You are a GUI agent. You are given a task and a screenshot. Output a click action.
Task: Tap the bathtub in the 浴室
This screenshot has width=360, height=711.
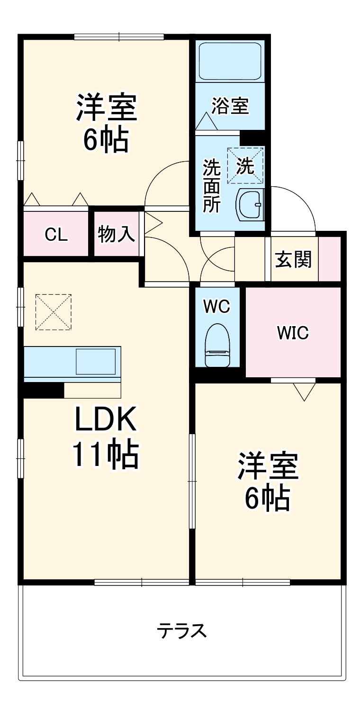point(230,62)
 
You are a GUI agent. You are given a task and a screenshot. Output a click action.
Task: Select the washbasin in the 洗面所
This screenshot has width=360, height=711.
point(250,204)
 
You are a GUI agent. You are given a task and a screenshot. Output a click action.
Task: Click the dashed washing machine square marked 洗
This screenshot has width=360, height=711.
point(245,165)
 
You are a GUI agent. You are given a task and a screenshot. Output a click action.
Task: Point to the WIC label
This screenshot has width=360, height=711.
point(293,333)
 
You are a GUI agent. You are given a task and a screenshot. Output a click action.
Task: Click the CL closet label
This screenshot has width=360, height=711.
point(56,235)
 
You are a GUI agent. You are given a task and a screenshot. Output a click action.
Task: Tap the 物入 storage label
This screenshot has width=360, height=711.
point(117,234)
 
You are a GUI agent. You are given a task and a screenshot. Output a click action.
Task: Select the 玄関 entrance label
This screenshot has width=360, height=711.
point(294,259)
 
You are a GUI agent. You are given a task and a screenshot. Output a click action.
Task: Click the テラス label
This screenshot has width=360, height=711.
point(182,630)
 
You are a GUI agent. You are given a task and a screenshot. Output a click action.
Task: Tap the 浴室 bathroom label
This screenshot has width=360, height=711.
point(230,106)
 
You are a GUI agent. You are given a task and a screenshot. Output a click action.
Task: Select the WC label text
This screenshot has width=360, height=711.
point(216,307)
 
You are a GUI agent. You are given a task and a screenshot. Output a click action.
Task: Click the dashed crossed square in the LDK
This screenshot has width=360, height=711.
point(54,311)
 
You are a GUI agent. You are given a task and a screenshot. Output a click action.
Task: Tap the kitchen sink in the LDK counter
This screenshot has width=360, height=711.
point(96,362)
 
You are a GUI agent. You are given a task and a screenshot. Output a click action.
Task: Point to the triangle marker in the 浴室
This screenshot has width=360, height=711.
point(207,122)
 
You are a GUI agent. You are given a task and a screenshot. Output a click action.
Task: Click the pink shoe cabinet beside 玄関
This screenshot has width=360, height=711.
point(330,258)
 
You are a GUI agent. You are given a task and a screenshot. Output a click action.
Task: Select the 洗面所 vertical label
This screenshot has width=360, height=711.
point(212,185)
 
